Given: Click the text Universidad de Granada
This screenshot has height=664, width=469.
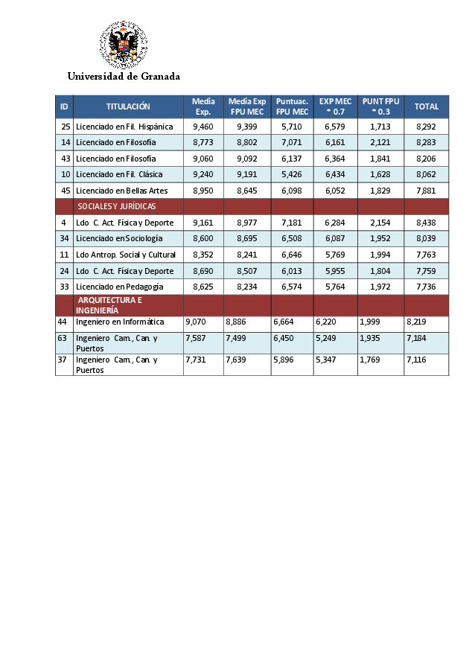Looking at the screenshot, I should [124, 76].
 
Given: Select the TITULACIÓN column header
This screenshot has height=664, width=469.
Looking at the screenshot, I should [128, 106].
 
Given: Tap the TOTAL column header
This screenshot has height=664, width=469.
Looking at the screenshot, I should [427, 106].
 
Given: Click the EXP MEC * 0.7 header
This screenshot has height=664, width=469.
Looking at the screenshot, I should [335, 106].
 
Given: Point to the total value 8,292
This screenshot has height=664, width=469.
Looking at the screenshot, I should [427, 127].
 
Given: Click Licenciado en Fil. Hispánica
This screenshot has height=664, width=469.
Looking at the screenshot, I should [124, 127].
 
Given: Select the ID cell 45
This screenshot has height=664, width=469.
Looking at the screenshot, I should [66, 191].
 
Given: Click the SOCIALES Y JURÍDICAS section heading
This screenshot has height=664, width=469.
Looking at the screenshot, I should [117, 206].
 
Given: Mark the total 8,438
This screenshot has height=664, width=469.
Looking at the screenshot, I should [427, 223].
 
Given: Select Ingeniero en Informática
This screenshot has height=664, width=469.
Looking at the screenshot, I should [120, 322].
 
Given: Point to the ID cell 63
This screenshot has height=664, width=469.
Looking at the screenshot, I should [63, 337].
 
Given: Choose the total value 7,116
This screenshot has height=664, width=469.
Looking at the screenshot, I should [416, 360].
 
